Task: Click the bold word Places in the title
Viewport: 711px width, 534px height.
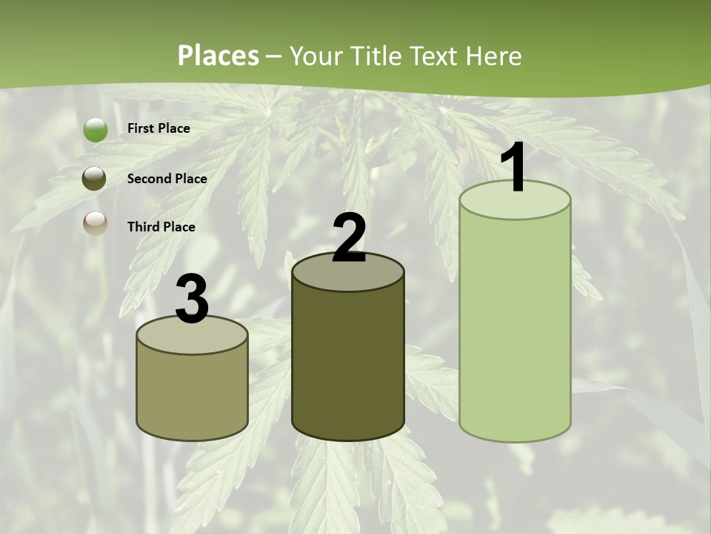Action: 218,56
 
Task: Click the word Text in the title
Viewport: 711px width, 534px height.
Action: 432,56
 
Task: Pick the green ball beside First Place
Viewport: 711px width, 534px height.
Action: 95,130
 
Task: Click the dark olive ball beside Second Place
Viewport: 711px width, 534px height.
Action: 94,179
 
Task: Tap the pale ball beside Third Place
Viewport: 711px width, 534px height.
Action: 95,223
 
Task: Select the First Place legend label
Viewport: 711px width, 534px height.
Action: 158,128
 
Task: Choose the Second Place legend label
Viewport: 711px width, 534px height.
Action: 167,179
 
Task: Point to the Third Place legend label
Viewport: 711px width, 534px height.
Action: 161,227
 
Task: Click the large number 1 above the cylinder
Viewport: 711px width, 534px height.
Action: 514,168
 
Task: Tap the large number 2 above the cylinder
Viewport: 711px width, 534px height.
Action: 349,238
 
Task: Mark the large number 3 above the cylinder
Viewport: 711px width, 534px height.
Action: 193,300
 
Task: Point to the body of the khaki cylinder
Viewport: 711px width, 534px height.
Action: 193,393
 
